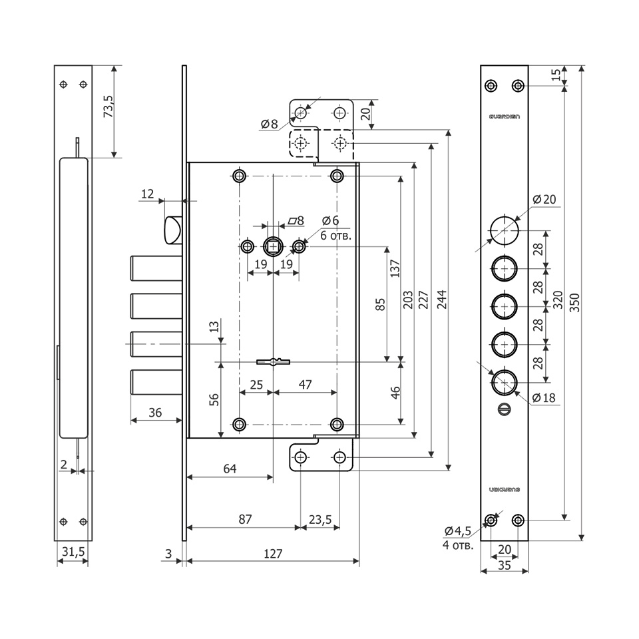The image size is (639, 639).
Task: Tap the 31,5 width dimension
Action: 73,552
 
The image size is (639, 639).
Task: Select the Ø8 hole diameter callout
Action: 269,123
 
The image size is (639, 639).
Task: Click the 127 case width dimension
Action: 273,553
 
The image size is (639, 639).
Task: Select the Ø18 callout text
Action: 544,398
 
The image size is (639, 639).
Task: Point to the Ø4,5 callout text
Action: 457,531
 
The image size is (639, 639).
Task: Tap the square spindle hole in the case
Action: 273,247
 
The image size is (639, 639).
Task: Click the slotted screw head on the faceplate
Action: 504,409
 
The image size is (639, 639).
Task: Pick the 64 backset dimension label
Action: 230,469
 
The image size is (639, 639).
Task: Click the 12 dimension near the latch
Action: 147,194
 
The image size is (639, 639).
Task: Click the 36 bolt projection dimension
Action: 155,413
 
